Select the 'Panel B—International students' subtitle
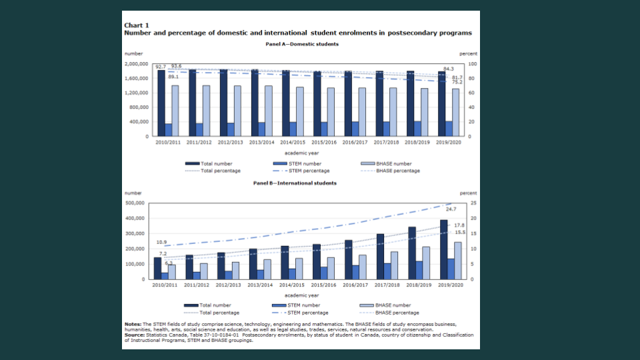coord(295,183)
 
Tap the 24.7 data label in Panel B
coord(451,209)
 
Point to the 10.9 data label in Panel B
coord(161,242)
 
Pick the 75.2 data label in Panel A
coord(458,82)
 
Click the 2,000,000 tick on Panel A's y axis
coord(137,64)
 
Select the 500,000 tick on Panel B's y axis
coord(139,203)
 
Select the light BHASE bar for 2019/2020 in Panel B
coord(457,260)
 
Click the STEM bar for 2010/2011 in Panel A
coord(168,129)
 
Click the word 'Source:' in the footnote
coord(135,335)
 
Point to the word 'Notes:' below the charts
coord(133,325)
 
